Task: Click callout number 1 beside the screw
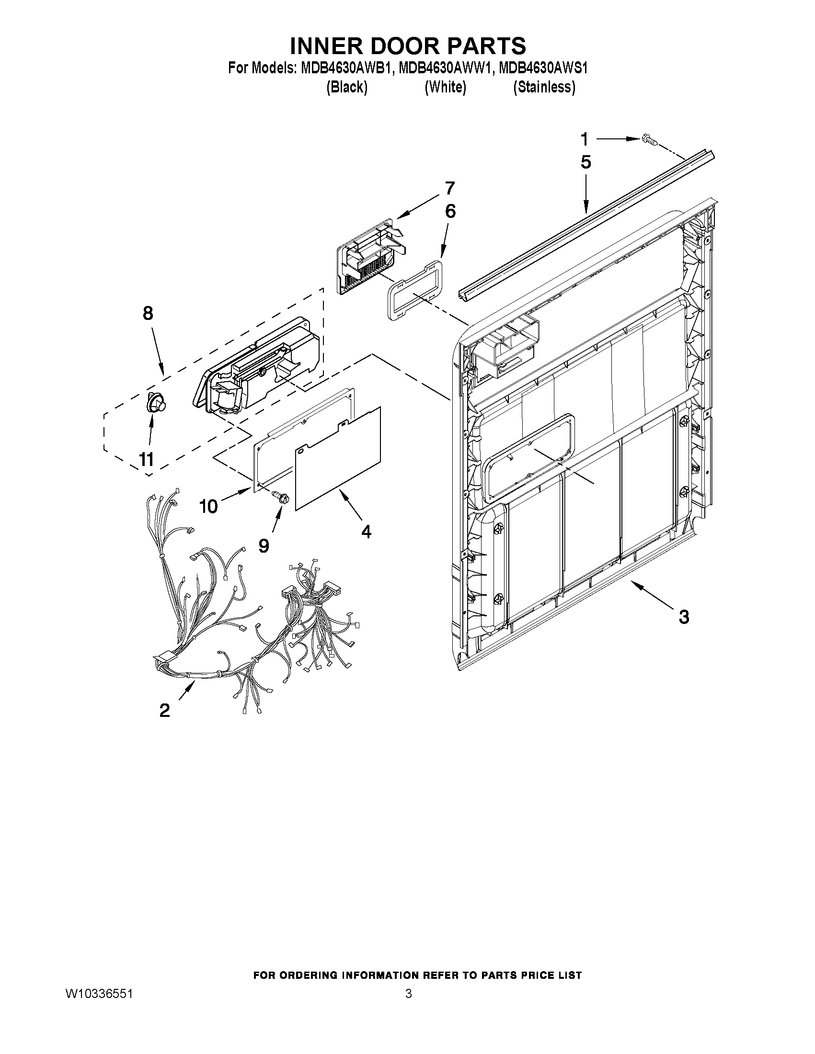pos(584,139)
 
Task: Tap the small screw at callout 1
pos(648,140)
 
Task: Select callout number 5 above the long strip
pos(585,162)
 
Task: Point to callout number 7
pos(449,188)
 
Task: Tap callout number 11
pos(147,459)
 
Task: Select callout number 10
pos(209,506)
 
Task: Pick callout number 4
pos(367,532)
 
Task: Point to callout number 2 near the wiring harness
pos(165,711)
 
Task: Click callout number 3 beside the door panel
pos(684,616)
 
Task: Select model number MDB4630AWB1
pos(344,68)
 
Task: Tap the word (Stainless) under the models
pos(544,87)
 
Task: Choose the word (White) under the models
pos(445,87)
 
